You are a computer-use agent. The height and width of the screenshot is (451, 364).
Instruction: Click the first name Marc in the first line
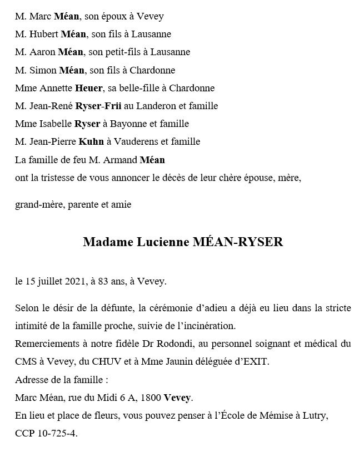tap(41, 16)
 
